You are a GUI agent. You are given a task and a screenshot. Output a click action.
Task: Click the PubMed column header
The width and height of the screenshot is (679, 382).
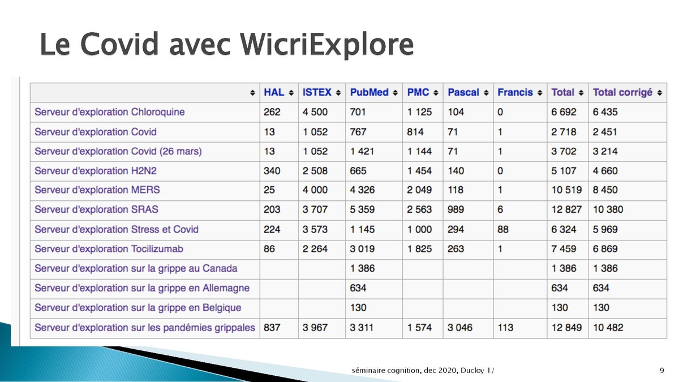click(x=369, y=92)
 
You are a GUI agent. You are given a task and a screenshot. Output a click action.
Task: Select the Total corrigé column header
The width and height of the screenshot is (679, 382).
click(x=622, y=92)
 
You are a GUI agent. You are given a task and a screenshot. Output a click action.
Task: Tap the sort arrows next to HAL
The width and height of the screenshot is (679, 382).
click(x=291, y=93)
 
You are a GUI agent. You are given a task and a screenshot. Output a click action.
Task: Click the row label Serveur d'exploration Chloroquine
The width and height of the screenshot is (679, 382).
click(x=109, y=112)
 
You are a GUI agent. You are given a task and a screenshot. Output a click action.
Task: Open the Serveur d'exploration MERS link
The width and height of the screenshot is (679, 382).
click(x=97, y=190)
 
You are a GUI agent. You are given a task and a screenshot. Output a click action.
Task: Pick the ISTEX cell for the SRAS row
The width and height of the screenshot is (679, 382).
click(x=315, y=209)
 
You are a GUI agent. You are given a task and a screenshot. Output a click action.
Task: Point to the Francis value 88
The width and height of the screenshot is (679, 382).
click(x=503, y=230)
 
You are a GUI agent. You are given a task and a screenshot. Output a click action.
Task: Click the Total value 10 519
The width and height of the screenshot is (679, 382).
click(x=566, y=190)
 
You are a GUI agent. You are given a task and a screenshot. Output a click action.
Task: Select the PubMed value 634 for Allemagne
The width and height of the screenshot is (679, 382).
click(x=358, y=288)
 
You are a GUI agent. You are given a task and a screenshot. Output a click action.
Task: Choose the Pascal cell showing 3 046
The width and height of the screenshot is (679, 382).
click(x=460, y=328)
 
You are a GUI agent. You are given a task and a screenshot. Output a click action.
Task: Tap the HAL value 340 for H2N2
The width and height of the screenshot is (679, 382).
click(x=272, y=171)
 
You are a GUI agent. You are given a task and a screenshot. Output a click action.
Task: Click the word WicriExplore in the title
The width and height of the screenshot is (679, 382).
click(x=326, y=45)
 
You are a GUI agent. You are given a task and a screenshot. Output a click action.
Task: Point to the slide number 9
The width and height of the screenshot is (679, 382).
click(x=661, y=371)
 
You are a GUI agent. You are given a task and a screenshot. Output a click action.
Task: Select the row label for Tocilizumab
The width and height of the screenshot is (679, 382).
click(x=109, y=249)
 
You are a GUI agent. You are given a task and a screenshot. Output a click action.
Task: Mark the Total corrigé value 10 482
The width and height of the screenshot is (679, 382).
click(x=608, y=328)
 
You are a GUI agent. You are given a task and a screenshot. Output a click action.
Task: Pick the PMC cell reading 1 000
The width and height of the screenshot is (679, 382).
click(x=419, y=230)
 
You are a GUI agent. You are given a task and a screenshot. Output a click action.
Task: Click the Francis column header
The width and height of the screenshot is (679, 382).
click(x=515, y=92)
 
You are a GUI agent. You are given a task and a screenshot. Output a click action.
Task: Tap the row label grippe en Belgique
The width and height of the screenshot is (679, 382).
click(x=138, y=308)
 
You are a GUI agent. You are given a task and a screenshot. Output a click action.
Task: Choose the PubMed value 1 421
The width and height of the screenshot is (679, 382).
click(x=362, y=151)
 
